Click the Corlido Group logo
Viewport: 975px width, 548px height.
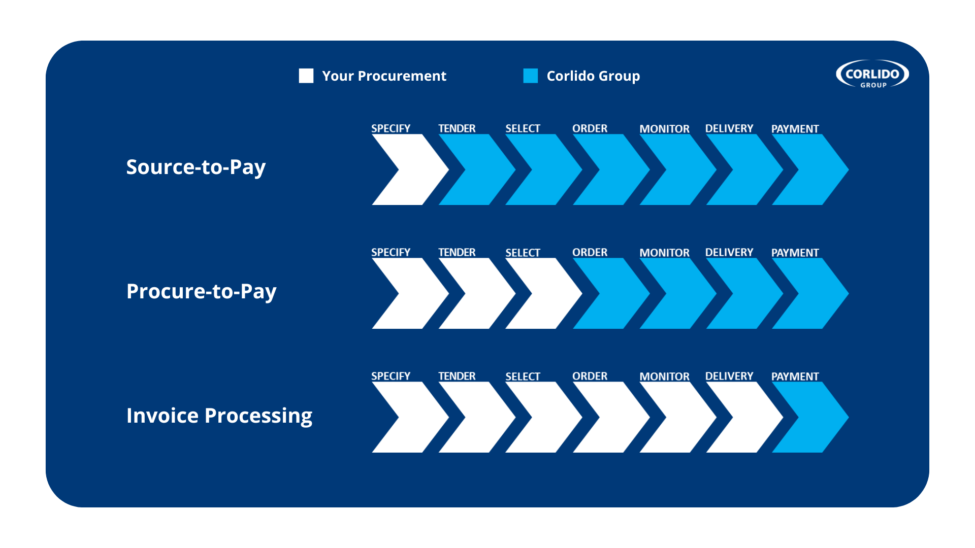pos(872,75)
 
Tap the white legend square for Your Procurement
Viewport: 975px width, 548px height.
pos(306,76)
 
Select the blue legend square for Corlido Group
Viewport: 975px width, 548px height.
pos(531,76)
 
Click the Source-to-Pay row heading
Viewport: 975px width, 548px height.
pos(196,167)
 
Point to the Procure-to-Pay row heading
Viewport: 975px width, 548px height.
pos(202,292)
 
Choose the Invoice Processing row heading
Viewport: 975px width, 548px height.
pos(219,416)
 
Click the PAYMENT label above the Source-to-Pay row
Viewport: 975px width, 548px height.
pos(795,129)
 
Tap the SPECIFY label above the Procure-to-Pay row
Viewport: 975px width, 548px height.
pos(391,252)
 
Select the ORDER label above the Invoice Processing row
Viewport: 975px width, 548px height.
pos(590,376)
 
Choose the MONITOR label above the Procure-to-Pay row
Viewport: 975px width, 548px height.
pos(664,253)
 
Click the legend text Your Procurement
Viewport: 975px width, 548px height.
pos(384,76)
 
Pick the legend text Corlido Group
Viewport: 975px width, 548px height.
pos(594,76)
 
